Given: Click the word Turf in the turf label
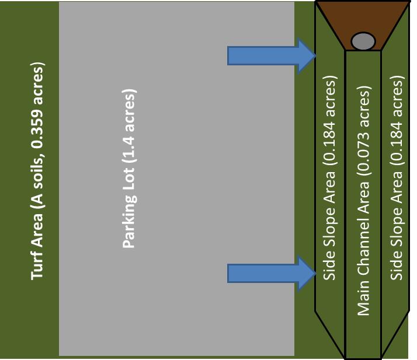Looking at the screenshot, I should [38, 265].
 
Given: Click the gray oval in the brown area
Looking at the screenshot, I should [363, 41].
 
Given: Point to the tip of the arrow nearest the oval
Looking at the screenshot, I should [315, 56].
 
